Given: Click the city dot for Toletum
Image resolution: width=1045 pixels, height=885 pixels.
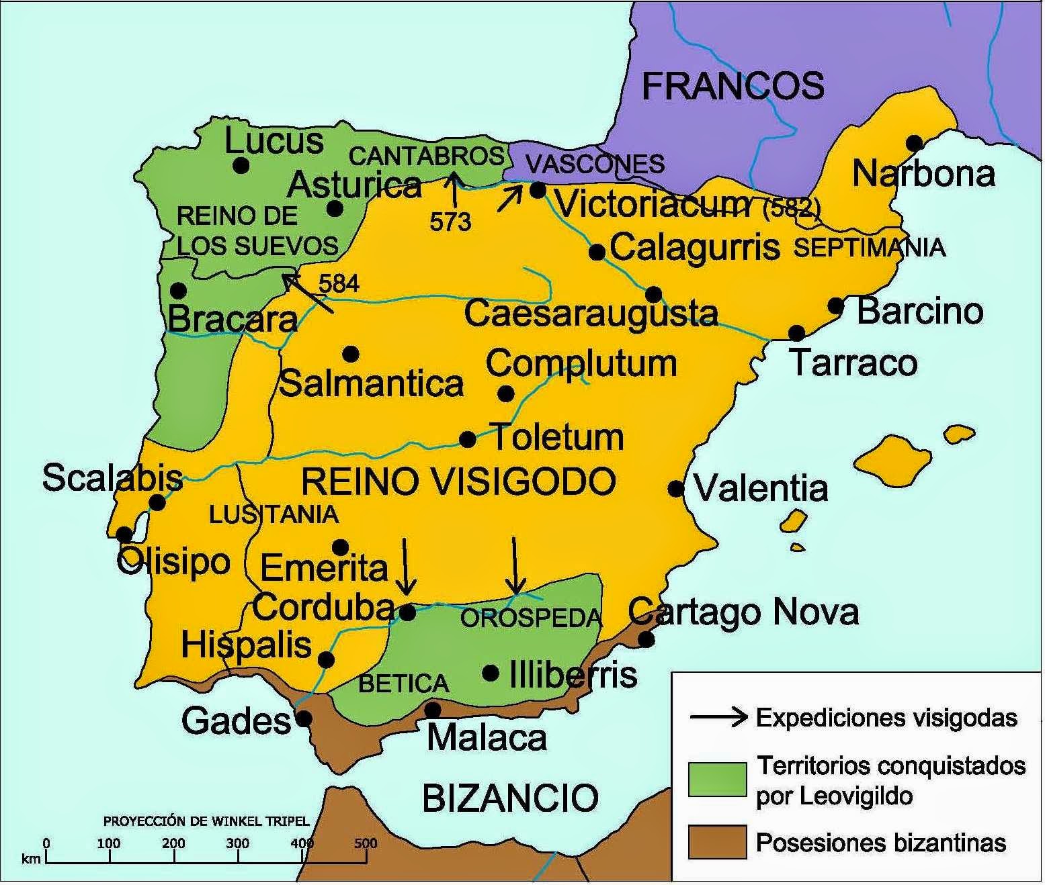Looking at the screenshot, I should coord(468,440).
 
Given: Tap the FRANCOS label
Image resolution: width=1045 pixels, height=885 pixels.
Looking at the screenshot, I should coord(733,86).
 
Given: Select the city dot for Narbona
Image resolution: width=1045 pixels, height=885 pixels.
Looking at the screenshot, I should coord(914,143).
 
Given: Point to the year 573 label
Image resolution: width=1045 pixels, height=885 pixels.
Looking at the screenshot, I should coord(450,222).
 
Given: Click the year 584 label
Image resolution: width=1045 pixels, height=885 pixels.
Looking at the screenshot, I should coord(339,284).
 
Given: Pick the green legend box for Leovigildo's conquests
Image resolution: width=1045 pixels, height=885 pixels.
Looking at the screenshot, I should coord(717,779).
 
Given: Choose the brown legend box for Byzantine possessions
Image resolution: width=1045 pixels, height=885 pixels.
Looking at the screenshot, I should coord(717,842).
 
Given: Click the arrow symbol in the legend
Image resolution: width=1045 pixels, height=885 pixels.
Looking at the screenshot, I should coord(718,717).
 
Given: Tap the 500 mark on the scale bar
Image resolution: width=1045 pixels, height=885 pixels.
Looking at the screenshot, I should coord(366,844).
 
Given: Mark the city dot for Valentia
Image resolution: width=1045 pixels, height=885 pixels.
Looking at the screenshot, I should coord(676,488).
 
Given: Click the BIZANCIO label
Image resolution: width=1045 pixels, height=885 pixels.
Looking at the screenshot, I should coord(510,798).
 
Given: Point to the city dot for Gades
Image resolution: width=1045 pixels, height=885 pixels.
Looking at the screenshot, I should coord(304,718).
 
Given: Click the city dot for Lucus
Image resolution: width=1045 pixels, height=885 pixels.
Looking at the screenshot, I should coord(241,165).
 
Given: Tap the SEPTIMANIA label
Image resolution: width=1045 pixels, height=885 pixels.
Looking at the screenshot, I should coord(870,248).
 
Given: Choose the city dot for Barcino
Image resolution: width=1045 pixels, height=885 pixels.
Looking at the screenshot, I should coord(836,306).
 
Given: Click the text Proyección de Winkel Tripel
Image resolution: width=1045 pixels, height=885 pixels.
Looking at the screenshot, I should coord(206,821).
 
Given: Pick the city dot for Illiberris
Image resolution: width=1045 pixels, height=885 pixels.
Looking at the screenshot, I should coord(491,673).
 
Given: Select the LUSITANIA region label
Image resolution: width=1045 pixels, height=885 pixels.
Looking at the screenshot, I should coord(274,514).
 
